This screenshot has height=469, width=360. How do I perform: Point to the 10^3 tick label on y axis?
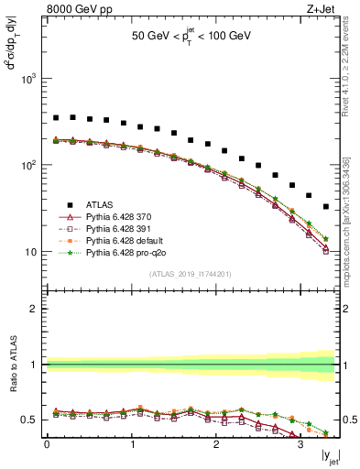28,79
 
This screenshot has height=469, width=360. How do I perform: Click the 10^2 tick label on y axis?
28,166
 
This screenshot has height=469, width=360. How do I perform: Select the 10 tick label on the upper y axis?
31,252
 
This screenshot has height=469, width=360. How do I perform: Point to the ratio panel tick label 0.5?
30,420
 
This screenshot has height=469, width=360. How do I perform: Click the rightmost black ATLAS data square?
326,207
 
